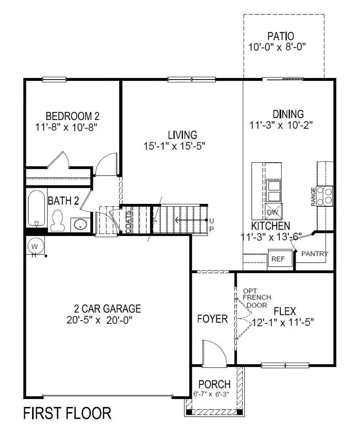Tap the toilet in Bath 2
[x=58, y=220]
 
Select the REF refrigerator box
[x=278, y=259]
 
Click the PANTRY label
[x=314, y=253]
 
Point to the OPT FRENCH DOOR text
[x=257, y=297]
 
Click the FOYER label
[x=212, y=319]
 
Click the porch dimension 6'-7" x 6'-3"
[x=214, y=393]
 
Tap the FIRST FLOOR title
[x=67, y=413]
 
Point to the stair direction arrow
[x=190, y=220]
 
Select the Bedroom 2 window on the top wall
[x=54, y=79]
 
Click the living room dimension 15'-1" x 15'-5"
[x=174, y=146]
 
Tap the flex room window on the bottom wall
[x=285, y=365]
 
